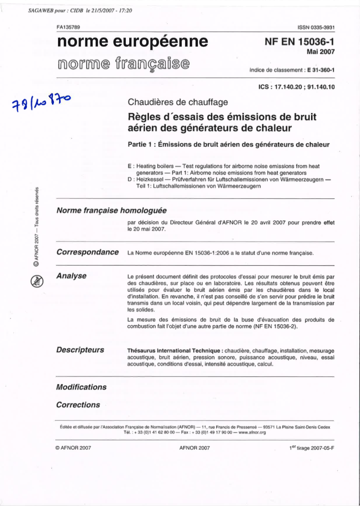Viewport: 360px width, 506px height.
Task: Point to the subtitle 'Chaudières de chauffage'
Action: click(178, 102)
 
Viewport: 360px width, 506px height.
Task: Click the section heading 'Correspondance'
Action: click(88, 252)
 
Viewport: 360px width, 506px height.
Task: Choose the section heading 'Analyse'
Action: click(71, 276)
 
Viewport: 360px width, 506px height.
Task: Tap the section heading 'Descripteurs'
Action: click(80, 350)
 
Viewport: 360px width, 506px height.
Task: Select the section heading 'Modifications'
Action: click(81, 387)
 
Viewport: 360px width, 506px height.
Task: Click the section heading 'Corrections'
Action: click(78, 405)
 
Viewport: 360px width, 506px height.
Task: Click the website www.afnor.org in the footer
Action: click(252, 433)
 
